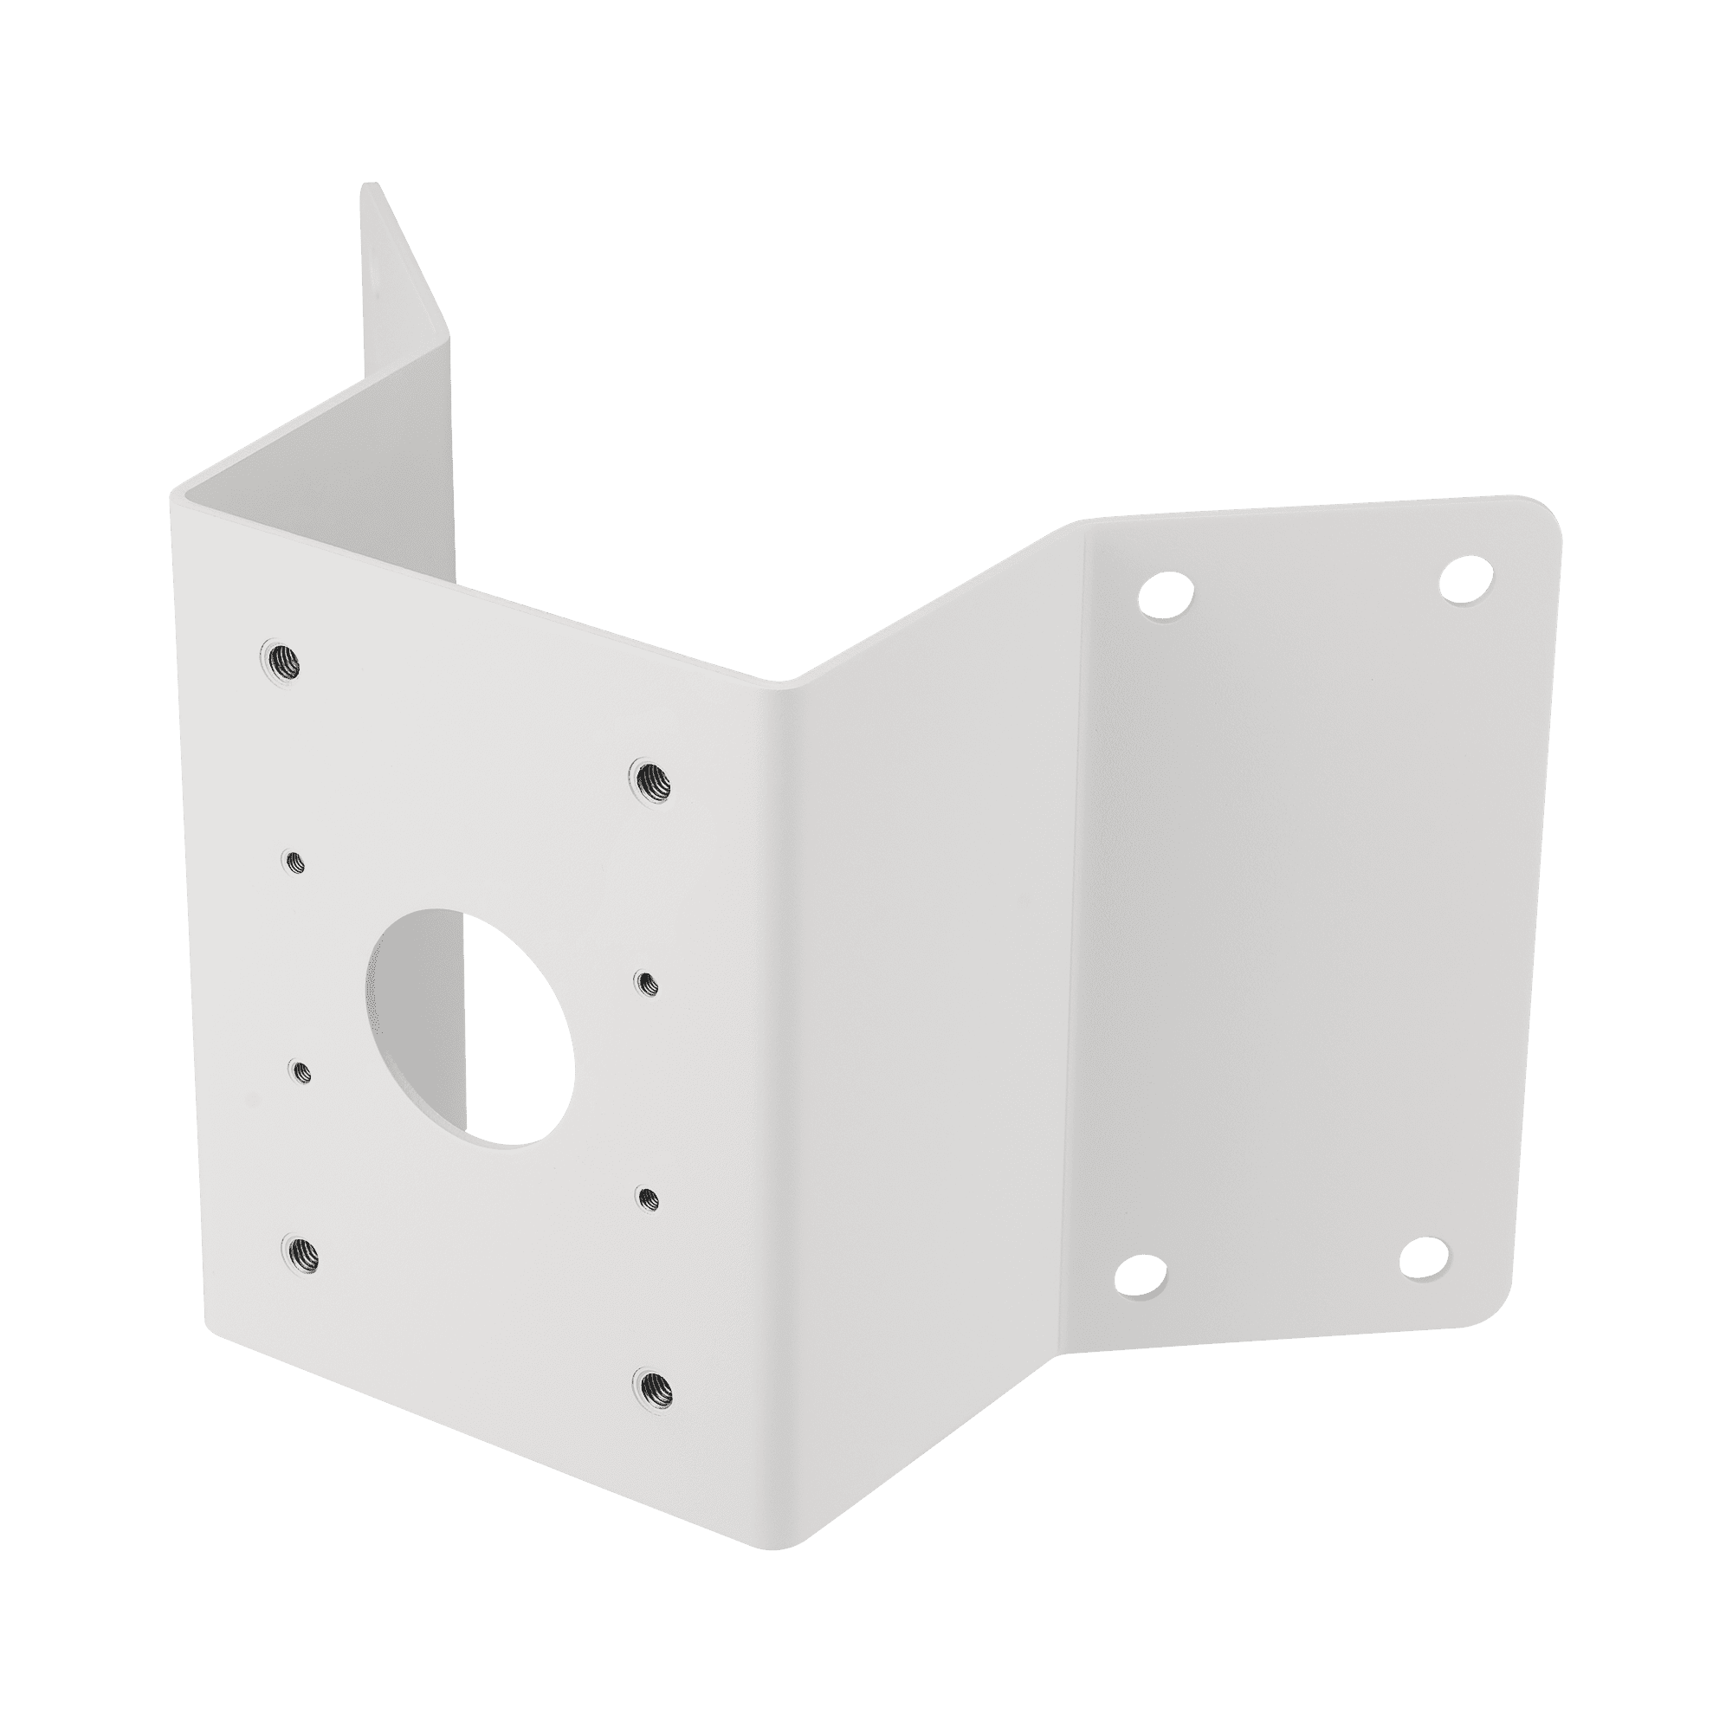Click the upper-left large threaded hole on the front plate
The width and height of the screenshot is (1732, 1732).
278,661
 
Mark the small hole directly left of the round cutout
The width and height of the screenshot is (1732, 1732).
301,1070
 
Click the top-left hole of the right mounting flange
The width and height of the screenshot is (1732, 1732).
1166,594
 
